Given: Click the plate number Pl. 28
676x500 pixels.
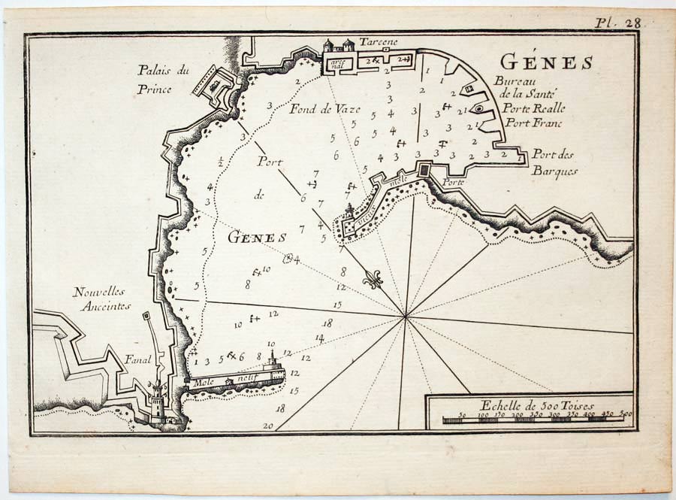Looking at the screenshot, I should pos(617,23).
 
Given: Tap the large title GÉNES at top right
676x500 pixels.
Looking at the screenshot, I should pos(546,62).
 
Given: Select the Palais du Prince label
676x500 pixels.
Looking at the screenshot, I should pos(164,79).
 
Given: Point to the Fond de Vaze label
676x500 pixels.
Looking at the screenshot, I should pos(324,108).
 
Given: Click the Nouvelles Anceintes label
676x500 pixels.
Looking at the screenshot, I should pos(102,298).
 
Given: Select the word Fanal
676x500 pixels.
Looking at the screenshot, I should pos(137,359).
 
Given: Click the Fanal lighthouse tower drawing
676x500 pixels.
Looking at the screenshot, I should pos(158,398).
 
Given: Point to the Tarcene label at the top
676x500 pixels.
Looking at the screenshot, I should pos(378,41).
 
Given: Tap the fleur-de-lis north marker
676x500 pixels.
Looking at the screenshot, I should pos(373,280).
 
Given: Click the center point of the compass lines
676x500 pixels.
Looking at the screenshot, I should pos(406,317).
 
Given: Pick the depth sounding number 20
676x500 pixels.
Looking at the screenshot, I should pos(268,426).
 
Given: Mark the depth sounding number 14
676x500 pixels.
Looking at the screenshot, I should pos(319,338).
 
